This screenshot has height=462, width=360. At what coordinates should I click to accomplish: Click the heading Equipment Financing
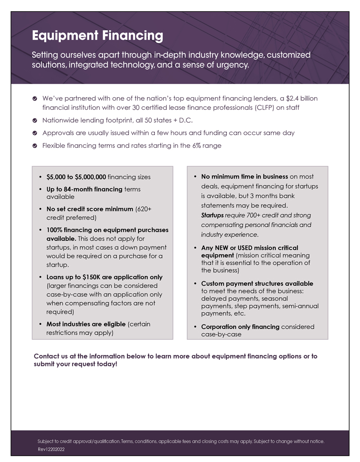(x=98, y=36)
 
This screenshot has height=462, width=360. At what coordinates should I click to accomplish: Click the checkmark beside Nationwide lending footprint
(x=35, y=121)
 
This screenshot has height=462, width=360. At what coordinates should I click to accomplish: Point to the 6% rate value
(x=197, y=146)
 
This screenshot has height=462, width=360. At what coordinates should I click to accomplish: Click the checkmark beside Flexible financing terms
(x=35, y=146)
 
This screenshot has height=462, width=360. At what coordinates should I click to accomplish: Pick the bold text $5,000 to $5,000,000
(x=76, y=177)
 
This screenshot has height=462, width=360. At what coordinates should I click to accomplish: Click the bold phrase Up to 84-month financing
(x=85, y=189)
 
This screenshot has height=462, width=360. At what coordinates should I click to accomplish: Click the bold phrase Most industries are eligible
(x=86, y=324)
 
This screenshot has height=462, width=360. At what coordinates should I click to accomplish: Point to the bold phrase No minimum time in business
(x=244, y=177)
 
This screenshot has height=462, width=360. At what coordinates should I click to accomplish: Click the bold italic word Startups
(x=212, y=215)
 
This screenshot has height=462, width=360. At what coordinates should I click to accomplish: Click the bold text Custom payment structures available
(x=257, y=284)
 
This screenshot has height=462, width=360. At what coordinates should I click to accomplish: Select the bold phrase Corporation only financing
(x=240, y=327)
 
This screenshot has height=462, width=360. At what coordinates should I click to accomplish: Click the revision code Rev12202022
(x=52, y=449)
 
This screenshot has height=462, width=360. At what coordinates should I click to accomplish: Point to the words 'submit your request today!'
(x=76, y=364)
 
